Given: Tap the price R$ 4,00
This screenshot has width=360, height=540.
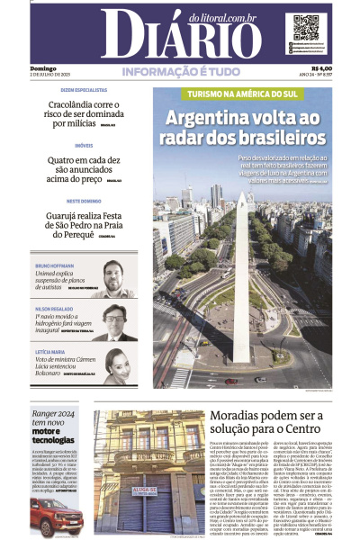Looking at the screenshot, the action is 320,67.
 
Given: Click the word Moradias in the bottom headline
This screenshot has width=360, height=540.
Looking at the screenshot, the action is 239,417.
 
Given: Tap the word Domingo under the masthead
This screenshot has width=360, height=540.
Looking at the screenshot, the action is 42,68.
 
